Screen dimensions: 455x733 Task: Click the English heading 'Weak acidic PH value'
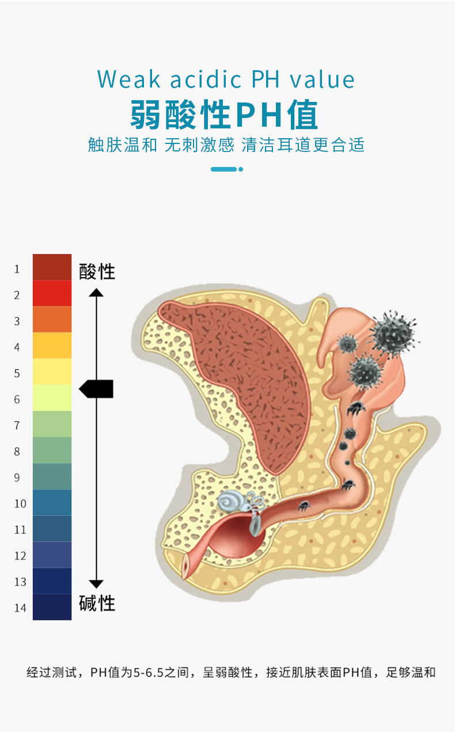tap(226, 79)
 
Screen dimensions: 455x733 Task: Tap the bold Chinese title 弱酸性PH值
tap(224, 115)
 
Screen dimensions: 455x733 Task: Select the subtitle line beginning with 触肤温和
tap(226, 145)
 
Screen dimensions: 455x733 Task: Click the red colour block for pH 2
tap(52, 294)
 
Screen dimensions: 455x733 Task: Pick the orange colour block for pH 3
tap(52, 320)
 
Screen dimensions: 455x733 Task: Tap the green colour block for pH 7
tap(52, 424)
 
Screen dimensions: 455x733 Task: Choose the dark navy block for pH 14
tap(52, 607)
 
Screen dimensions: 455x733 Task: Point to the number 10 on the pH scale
tap(20, 504)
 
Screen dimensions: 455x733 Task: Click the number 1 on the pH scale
tap(17, 269)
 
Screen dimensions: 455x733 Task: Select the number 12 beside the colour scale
tap(20, 556)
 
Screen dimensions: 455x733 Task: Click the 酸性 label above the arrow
tap(97, 271)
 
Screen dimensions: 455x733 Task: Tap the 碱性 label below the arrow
tap(97, 603)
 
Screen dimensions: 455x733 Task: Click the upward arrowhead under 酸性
tap(96, 293)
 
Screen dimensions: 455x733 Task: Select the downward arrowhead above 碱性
tap(96, 583)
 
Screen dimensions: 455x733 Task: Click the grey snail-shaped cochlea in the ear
tap(229, 502)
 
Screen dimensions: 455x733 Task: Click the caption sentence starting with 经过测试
tap(231, 672)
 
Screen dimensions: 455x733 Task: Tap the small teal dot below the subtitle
tap(241, 169)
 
